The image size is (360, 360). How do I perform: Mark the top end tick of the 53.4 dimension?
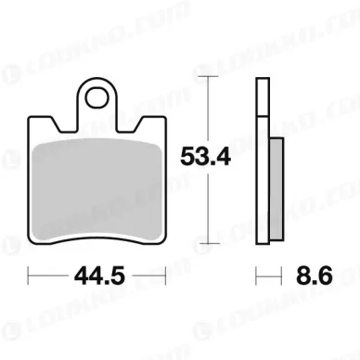click(212, 78)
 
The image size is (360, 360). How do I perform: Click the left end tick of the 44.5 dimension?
click(29, 276)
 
